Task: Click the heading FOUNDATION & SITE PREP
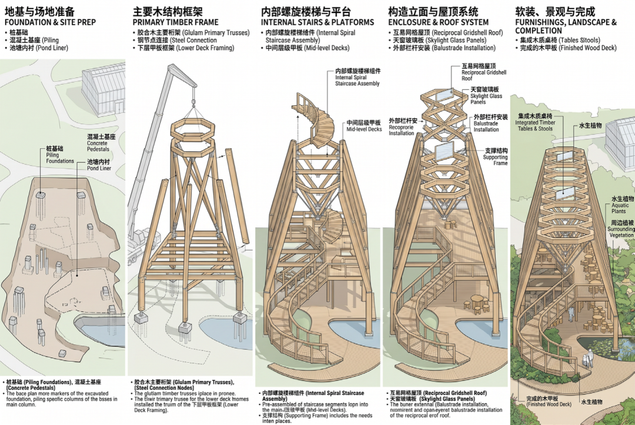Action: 50,22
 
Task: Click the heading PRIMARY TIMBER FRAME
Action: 175,22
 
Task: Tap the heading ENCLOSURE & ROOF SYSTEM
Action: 438,22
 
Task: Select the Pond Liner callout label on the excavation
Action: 99,165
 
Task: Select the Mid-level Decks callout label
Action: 363,126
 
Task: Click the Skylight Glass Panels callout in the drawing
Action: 486,95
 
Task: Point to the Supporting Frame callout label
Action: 495,157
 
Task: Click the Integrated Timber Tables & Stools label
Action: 534,122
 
